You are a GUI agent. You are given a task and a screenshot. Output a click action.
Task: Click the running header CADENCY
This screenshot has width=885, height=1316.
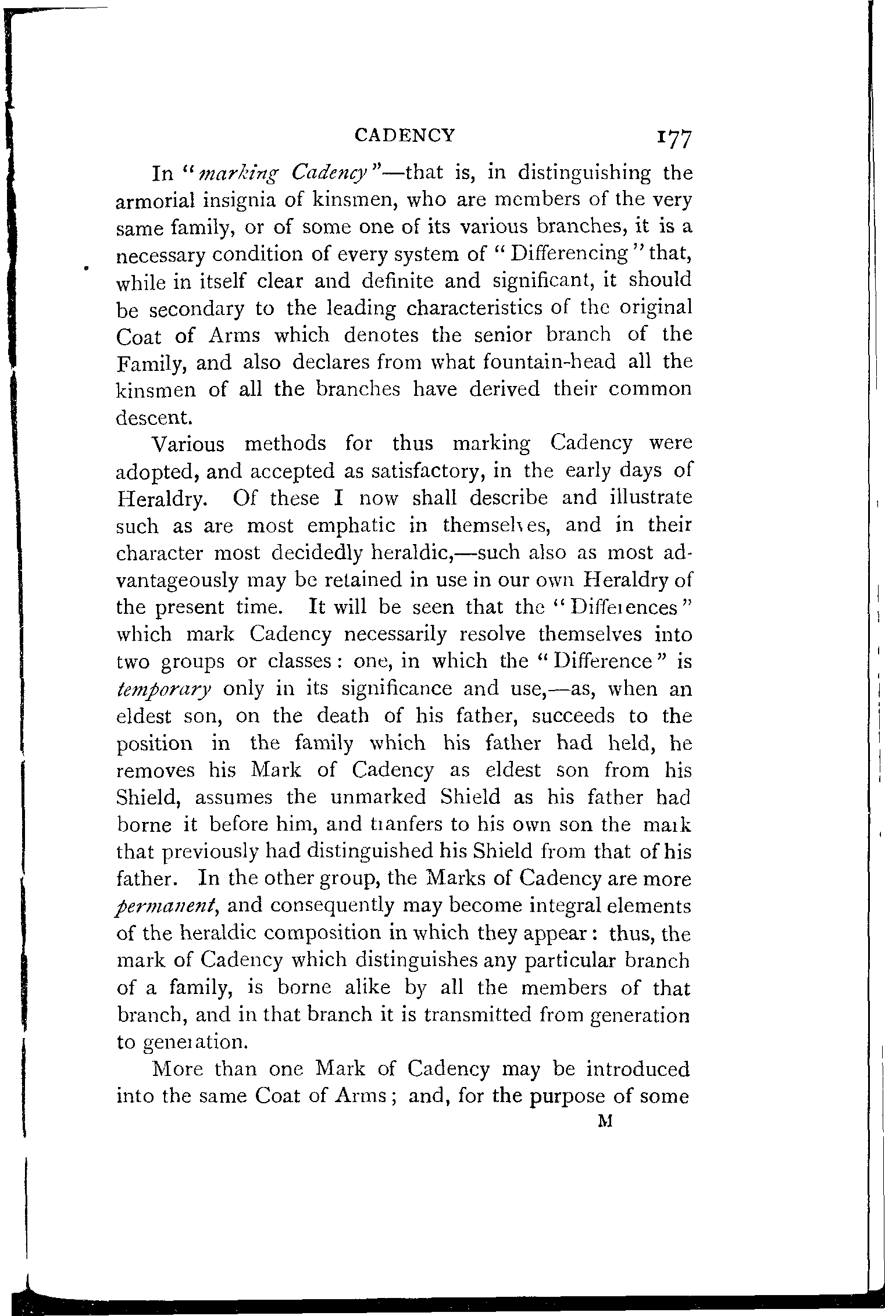(404, 135)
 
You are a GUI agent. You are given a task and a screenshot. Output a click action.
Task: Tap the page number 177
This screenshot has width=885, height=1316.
(673, 140)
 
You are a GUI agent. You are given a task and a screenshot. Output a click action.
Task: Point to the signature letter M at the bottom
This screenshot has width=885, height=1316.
(606, 1122)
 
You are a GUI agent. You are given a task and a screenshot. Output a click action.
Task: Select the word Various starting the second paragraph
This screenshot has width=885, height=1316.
(187, 445)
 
